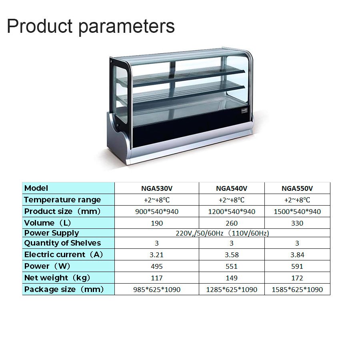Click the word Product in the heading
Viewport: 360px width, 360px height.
[40, 26]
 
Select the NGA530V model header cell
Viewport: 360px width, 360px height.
[157, 188]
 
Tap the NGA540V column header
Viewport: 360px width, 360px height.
[232, 188]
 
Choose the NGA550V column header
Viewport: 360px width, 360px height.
[297, 188]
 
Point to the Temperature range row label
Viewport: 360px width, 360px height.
[62, 200]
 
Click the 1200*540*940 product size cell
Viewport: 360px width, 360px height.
[232, 212]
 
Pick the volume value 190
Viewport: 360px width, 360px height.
[157, 223]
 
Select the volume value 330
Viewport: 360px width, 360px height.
[297, 223]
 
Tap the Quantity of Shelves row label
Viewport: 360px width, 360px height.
[62, 243]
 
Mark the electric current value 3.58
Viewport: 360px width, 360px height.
[232, 255]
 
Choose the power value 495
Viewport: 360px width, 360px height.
[157, 266]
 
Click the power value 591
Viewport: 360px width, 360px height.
[297, 266]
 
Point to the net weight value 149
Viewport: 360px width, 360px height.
[232, 278]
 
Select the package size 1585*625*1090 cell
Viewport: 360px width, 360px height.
[297, 290]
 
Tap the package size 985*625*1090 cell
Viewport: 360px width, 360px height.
[157, 290]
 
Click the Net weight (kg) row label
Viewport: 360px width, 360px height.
[57, 278]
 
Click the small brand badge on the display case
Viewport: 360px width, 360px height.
[244, 111]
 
